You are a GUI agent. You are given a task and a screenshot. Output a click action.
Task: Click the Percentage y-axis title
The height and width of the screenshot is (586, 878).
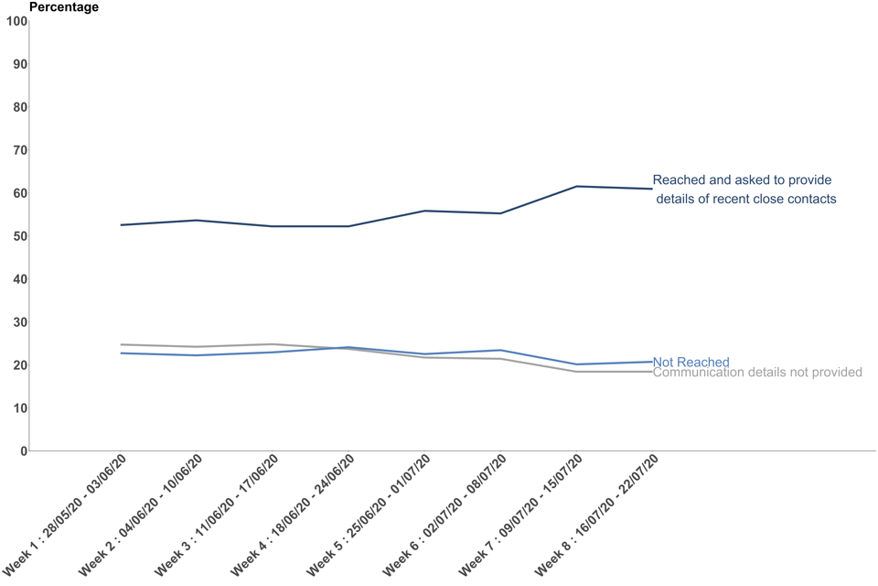click(64, 7)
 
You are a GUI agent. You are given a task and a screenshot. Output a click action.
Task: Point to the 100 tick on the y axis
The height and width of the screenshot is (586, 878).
click(16, 21)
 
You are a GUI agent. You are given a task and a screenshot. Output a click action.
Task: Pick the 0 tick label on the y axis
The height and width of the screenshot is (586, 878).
click(22, 451)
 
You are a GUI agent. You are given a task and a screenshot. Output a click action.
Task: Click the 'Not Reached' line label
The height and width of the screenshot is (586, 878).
click(691, 363)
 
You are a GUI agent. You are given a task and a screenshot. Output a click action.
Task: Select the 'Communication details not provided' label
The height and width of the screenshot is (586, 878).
click(757, 373)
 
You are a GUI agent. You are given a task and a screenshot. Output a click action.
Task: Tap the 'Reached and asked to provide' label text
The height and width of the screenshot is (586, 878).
click(743, 180)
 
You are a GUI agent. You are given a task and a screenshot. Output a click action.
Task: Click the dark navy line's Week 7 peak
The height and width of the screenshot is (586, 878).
click(577, 187)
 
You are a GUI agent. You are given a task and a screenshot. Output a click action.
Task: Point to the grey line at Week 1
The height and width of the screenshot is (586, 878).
click(121, 345)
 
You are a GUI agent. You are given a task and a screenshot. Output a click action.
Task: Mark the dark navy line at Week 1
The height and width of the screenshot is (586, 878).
click(121, 225)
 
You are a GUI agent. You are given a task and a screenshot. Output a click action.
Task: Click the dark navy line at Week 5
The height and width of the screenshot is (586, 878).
click(425, 212)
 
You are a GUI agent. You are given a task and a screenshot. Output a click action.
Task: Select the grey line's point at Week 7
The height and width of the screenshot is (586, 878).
click(577, 372)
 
